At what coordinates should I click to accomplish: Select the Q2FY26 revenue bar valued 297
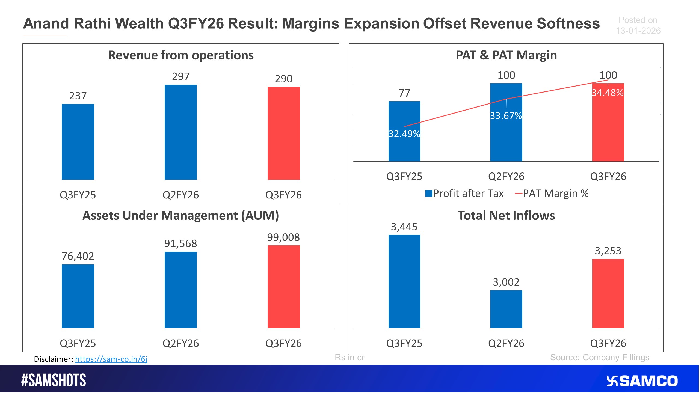tap(180, 132)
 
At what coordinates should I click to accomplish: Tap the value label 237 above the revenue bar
tap(78, 96)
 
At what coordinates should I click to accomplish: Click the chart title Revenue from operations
tap(181, 55)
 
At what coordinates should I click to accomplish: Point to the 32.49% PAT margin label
tap(404, 134)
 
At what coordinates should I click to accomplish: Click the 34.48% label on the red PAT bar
tap(608, 93)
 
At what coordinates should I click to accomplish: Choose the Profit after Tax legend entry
tap(464, 193)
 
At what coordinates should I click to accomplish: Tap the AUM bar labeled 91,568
tap(180, 290)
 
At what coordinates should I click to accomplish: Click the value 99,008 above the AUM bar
tap(283, 237)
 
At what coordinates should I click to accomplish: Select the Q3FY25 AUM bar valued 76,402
tap(78, 296)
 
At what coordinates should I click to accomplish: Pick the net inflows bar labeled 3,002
tap(506, 309)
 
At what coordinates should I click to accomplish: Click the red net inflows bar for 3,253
tap(608, 293)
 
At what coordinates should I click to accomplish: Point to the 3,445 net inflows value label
tap(404, 227)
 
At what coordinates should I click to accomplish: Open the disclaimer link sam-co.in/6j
tap(111, 359)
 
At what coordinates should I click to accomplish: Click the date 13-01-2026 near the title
tap(638, 31)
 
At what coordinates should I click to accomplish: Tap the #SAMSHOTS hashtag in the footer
tap(54, 380)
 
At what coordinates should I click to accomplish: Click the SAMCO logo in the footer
tap(642, 381)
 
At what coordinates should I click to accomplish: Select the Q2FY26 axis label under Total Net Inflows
tap(506, 343)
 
